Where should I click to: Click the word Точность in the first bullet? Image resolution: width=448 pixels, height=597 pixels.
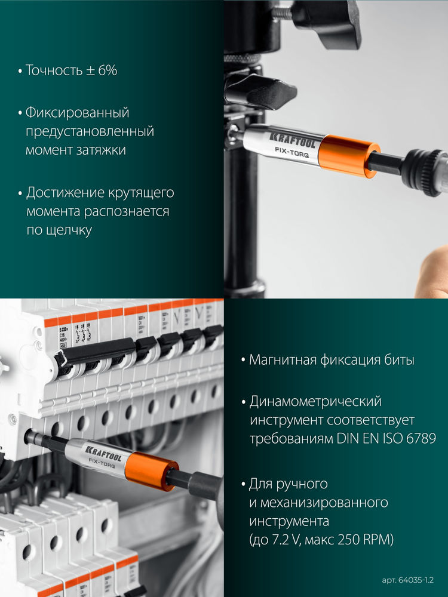point(52,70)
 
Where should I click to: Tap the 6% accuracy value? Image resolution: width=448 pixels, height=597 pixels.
point(106,70)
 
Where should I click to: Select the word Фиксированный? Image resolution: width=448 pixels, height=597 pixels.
point(77,112)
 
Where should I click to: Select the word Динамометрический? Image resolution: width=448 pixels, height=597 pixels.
point(315,401)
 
